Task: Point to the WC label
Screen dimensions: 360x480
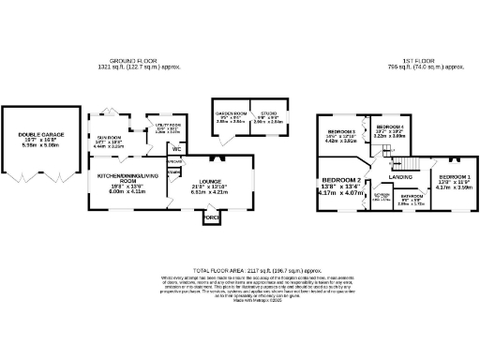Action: pos(175,148)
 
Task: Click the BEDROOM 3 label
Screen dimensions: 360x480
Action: pos(339,132)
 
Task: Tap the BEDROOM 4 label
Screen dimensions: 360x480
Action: pos(389,127)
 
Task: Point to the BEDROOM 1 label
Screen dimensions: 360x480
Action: pos(455,175)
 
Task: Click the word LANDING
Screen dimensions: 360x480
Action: pos(402,176)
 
